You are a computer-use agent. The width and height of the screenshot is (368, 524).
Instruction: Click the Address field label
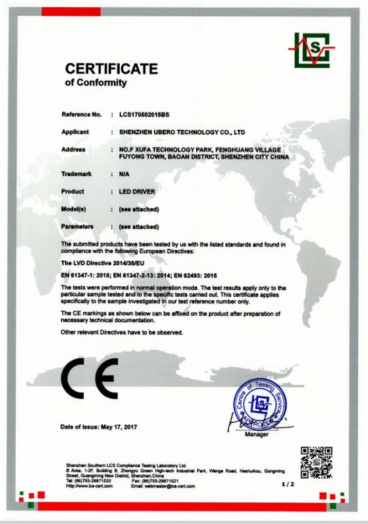(73, 149)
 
